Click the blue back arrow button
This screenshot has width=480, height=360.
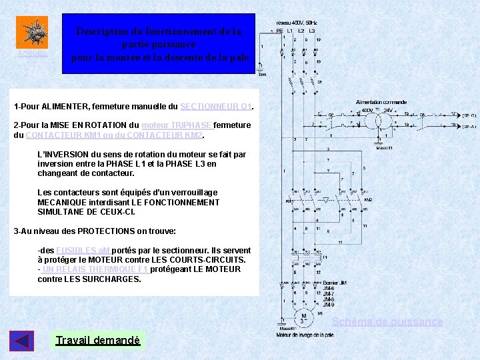coord(21,341)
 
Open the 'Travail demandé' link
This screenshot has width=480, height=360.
coord(98,341)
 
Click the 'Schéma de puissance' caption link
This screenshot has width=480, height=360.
coord(387,322)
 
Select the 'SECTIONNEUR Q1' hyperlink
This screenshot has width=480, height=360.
coord(216,107)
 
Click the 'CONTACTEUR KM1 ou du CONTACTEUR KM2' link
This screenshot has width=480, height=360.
coord(113,135)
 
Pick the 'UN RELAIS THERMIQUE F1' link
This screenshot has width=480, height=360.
coord(95,269)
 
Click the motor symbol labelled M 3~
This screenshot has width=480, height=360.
coord(303,319)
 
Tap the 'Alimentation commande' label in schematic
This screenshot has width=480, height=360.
coord(382,103)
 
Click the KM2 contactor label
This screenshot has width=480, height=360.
coord(368,200)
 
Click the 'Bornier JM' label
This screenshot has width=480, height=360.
coord(335,283)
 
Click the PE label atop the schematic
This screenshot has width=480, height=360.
coord(279,31)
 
